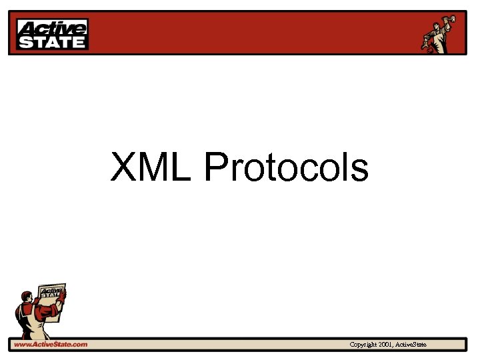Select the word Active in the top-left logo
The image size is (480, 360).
[52, 28]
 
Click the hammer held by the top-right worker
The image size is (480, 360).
[453, 19]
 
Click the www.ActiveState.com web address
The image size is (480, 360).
[51, 344]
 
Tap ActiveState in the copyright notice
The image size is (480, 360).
[411, 344]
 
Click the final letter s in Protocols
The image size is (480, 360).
[361, 168]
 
